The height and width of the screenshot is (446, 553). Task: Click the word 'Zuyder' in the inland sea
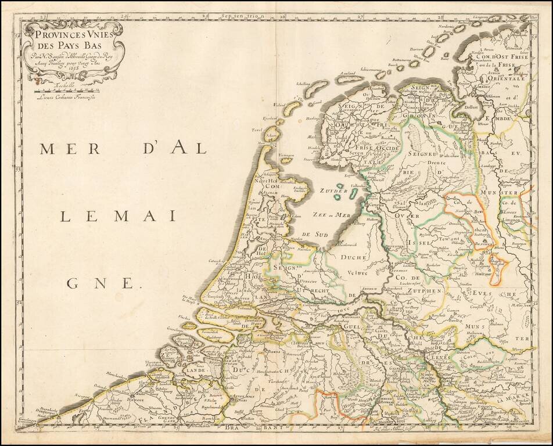pos(333,191)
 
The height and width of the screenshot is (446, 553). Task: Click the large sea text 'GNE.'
pos(105,283)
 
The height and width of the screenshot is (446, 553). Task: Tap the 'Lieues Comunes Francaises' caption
pos(65,97)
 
